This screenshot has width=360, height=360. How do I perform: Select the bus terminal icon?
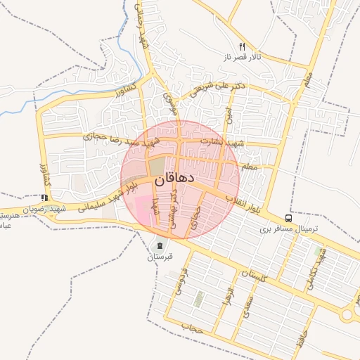(289, 219)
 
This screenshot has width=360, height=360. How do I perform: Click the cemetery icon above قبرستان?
(160, 246)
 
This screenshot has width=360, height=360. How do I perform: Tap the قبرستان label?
(160, 257)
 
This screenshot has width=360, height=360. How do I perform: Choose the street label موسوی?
(167, 103)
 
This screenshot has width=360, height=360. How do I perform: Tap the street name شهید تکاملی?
(313, 271)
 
